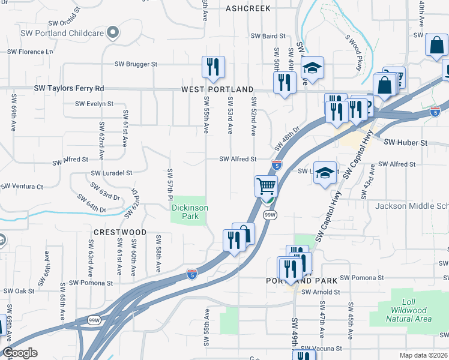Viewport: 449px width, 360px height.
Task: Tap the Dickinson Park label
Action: (x=190, y=212)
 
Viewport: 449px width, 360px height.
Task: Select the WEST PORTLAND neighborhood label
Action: (x=218, y=89)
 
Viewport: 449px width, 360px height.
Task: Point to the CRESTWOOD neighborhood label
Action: (x=120, y=232)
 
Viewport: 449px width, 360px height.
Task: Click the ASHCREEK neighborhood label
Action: (x=248, y=8)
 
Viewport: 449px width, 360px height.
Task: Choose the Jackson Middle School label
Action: (x=412, y=206)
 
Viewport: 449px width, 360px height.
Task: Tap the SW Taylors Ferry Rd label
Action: (x=69, y=88)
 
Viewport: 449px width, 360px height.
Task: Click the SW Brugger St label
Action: (x=136, y=64)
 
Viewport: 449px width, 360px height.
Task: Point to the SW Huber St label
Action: (x=405, y=143)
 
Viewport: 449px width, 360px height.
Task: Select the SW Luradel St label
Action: (x=111, y=173)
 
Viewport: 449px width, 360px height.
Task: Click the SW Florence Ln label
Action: (x=30, y=52)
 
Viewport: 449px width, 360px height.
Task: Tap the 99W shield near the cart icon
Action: (x=270, y=214)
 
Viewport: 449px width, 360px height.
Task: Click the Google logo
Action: (x=20, y=353)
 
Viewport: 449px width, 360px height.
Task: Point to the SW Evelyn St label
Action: (x=94, y=104)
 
